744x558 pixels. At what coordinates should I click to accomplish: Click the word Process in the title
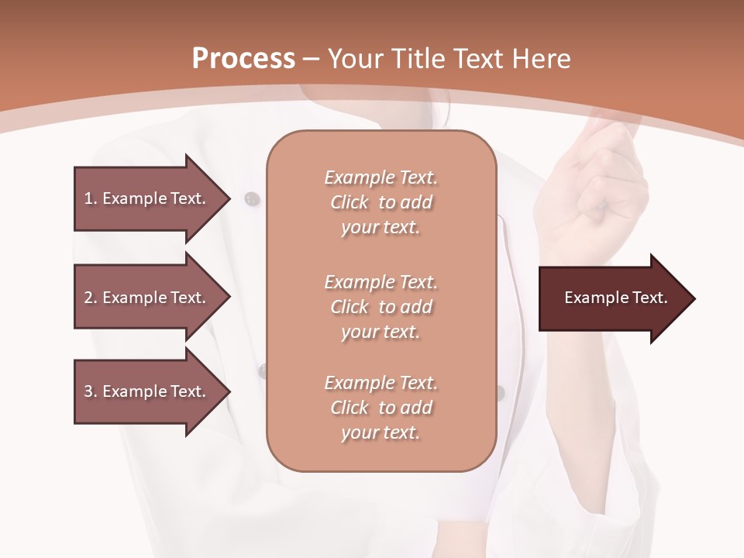(243, 58)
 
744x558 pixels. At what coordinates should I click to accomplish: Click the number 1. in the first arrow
(91, 198)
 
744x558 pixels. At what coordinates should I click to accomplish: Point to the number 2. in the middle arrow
(91, 298)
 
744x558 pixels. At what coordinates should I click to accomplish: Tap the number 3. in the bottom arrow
(91, 391)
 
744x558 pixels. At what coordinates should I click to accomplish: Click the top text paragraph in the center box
(381, 202)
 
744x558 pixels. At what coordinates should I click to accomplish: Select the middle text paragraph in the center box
(381, 307)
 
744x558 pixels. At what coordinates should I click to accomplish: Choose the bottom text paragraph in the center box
(381, 408)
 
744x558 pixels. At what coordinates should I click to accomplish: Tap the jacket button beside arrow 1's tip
(250, 199)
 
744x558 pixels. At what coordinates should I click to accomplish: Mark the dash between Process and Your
(312, 59)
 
